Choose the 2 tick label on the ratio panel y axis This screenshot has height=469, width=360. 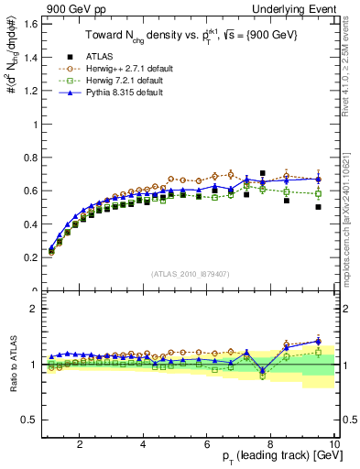pos(33,309)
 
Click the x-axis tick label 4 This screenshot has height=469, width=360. pos(144,444)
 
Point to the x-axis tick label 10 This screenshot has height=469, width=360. pos(333,444)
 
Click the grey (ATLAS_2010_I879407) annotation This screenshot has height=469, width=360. pos(189,274)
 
